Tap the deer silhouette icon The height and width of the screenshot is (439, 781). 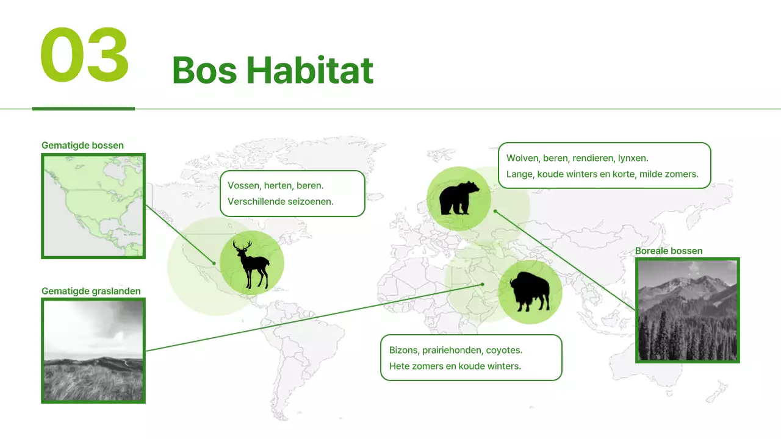251,264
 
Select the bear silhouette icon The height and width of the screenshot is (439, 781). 459,198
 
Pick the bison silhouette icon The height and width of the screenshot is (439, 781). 530,292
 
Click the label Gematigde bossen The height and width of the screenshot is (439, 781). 82,145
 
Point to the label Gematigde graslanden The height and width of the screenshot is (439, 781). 91,291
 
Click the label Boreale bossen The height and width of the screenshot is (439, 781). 669,251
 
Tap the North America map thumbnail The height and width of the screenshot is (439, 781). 93,206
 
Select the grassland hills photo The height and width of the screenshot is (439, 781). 93,351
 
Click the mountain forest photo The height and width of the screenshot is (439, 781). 688,310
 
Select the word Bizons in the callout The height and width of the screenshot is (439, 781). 402,350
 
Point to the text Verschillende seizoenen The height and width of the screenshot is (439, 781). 281,201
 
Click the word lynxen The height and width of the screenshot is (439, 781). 633,158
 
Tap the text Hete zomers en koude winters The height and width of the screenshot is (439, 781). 455,366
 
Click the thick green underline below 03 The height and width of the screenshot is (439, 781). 83,109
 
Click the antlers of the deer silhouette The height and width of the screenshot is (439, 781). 242,246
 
